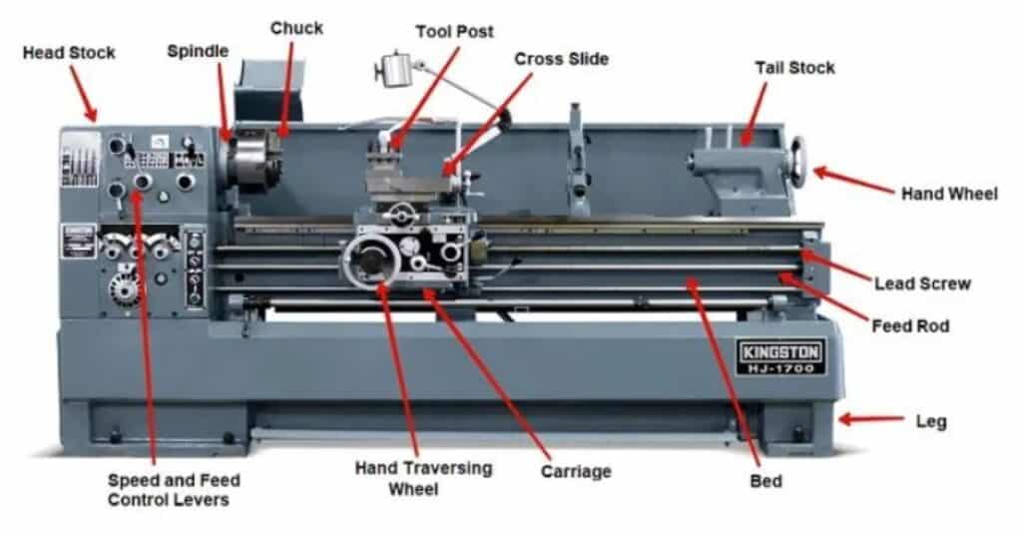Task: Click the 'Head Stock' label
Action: [68, 52]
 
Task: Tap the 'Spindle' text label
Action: [198, 49]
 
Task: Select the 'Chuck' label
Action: [296, 28]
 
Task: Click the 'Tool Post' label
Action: [455, 32]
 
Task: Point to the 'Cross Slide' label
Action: [561, 59]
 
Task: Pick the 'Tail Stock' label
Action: [794, 68]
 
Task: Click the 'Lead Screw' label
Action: [922, 283]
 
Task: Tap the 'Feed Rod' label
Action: [910, 325]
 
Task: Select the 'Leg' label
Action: [930, 421]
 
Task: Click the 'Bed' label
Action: [766, 481]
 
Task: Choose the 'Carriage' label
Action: [575, 470]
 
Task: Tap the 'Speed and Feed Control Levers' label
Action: [174, 489]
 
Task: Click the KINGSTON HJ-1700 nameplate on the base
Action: [780, 356]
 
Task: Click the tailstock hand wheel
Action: [798, 162]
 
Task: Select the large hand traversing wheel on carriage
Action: [370, 261]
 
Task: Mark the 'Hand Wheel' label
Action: [948, 194]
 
